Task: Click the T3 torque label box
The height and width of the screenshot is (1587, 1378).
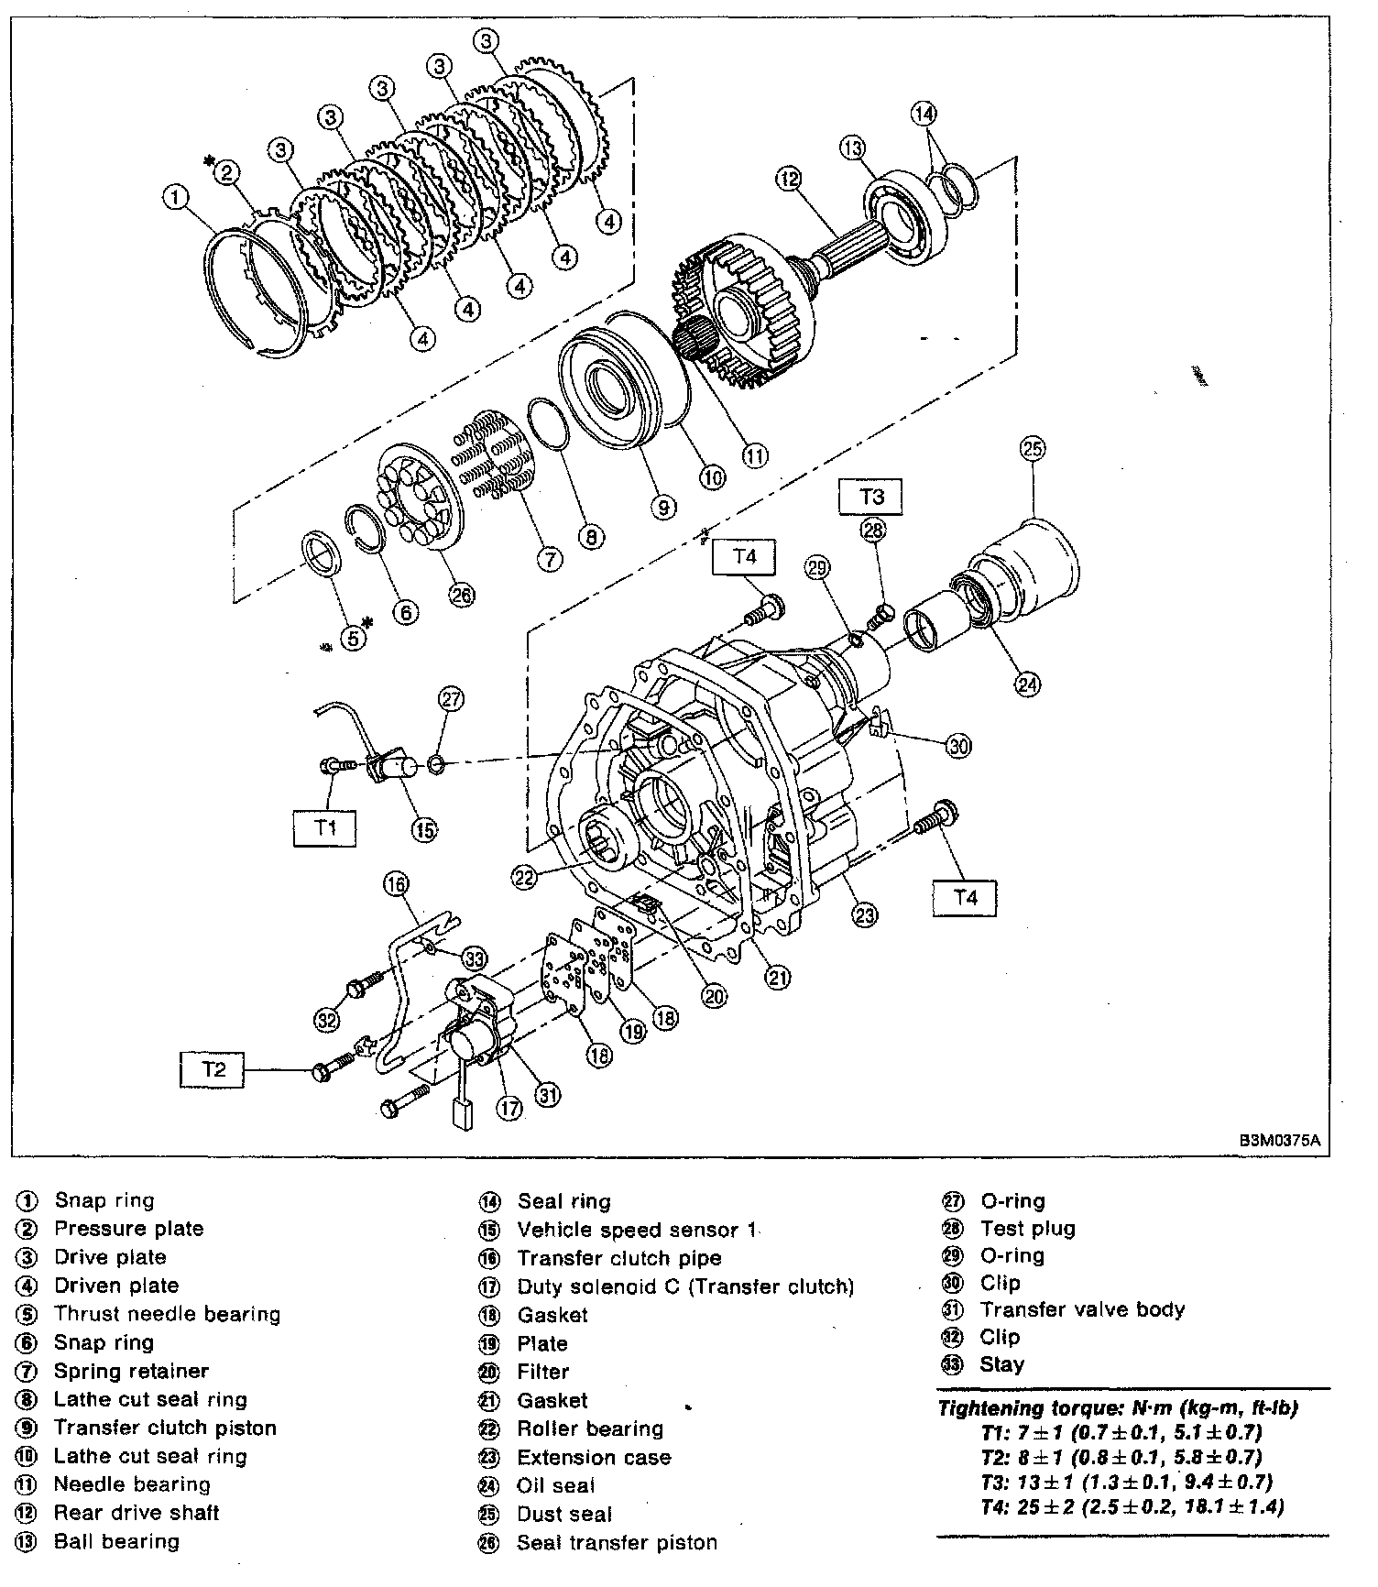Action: [871, 497]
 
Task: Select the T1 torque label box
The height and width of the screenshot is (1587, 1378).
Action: [325, 827]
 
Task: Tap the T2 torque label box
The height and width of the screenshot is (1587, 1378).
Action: [213, 1069]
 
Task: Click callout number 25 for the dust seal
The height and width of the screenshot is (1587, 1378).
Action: [1033, 449]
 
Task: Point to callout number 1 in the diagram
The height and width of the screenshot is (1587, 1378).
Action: [175, 195]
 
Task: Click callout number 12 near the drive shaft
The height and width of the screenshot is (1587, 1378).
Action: [788, 179]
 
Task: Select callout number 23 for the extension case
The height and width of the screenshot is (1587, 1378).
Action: [864, 913]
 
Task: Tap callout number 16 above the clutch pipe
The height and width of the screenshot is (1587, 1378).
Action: [396, 885]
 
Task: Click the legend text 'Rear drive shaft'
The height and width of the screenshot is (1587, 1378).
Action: [137, 1513]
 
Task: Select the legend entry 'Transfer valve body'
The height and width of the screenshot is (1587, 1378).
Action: [1082, 1309]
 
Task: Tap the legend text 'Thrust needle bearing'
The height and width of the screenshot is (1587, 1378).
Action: [167, 1314]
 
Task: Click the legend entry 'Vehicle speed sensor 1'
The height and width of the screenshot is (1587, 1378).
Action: [636, 1230]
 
